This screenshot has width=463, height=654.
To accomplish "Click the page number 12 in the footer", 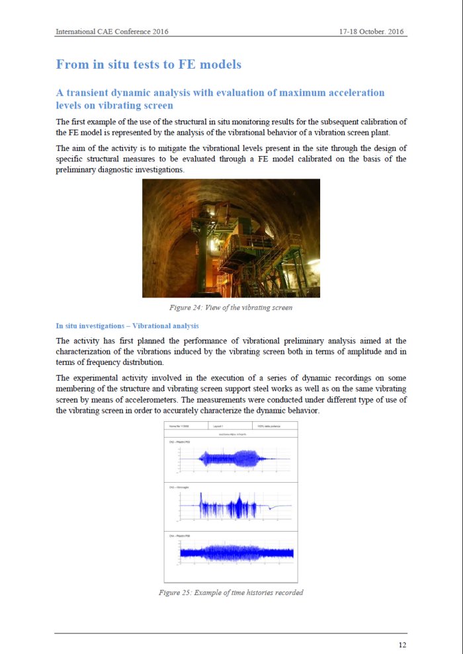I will (x=402, y=645).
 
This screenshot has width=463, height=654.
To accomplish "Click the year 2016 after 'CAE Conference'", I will (x=156, y=32).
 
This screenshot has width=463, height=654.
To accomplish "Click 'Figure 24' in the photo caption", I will (x=188, y=307).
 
